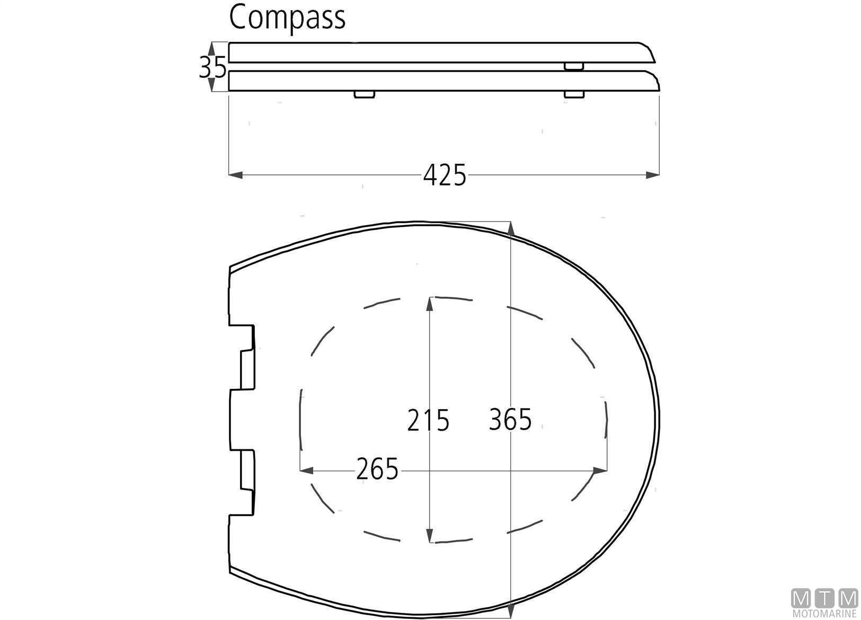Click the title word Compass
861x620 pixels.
(287, 17)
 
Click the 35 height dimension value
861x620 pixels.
(212, 67)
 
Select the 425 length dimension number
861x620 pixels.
(445, 175)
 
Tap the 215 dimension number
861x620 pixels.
(428, 420)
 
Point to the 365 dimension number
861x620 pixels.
(510, 419)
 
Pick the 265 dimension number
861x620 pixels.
(377, 470)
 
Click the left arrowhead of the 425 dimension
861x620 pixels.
(236, 175)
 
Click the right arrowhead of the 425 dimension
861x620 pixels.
(652, 175)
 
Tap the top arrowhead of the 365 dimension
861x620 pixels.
(510, 229)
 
